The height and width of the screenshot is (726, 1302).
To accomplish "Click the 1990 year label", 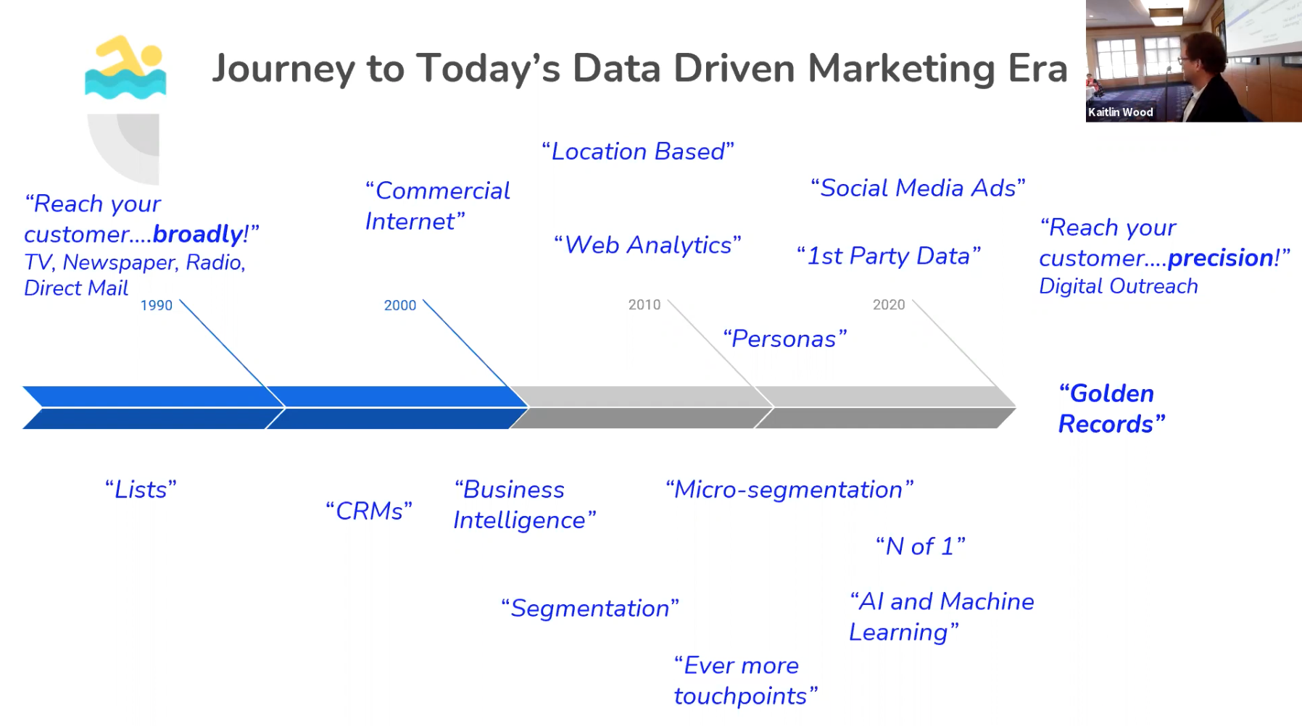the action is coord(157,306).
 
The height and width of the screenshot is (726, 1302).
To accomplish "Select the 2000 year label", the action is coord(400,306).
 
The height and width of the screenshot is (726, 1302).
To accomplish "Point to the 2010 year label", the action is coord(644,305).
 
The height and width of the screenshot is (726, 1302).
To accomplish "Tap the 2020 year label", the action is coord(889,305).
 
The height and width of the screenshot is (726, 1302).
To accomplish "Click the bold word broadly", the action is coord(198,234).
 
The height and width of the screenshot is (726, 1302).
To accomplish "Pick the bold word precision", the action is coord(1220,258).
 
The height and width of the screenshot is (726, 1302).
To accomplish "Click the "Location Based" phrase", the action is coord(638,151).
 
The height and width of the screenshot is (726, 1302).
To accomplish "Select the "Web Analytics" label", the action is coord(647,245).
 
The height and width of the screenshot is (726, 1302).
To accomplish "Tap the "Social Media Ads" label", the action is coord(918,188).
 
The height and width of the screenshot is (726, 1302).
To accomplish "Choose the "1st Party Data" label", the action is coord(889,256).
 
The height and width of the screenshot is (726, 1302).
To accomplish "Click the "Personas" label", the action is coord(785,338).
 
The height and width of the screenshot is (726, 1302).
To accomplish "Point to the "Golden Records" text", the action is coord(1111,409).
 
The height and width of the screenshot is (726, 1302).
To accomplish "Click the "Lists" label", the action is coord(141,490).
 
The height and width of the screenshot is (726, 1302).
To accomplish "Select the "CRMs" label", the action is coord(369,511).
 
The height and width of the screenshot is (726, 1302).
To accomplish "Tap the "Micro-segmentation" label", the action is coord(789,490).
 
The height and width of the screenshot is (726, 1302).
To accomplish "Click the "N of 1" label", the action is coord(921,546).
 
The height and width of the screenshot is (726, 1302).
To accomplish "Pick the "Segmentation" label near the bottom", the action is coord(590,609).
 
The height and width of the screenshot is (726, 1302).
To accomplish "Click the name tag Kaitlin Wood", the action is coord(1120,112).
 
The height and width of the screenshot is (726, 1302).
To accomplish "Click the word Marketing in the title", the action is coord(902,69).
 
